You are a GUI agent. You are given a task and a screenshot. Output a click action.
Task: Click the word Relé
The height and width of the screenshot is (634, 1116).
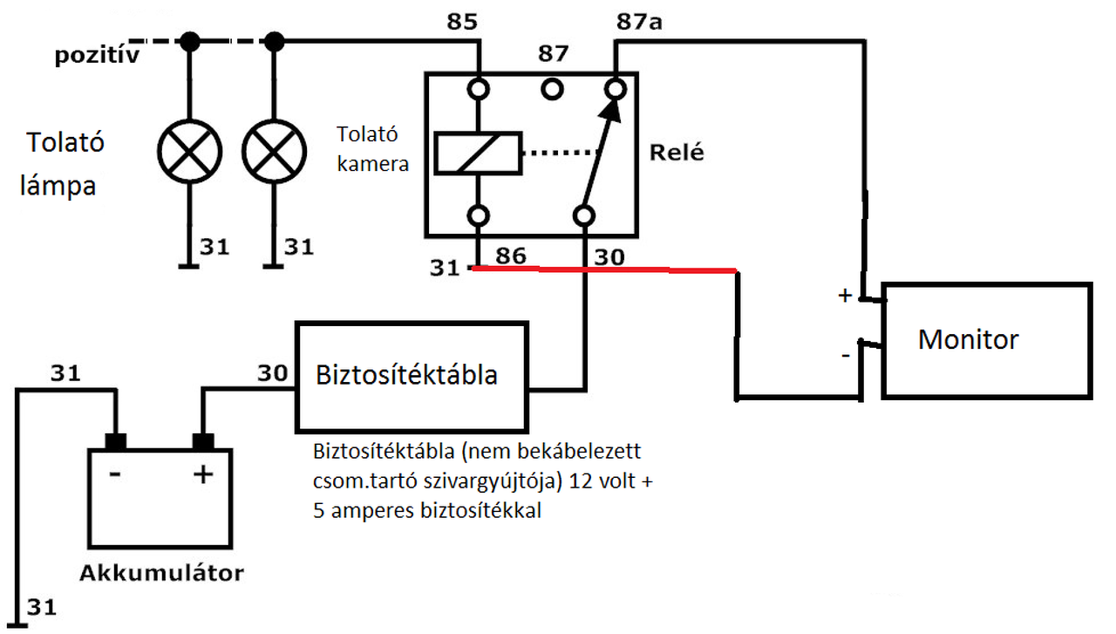(x=677, y=152)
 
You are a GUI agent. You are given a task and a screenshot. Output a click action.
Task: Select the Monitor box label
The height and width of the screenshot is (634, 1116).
(x=968, y=339)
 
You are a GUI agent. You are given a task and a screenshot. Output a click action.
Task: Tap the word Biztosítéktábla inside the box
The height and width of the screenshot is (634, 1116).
(x=406, y=375)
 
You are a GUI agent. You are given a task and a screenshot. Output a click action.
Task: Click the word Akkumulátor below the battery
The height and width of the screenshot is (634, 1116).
(x=161, y=573)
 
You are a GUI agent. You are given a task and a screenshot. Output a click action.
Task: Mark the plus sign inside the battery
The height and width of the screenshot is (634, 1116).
(x=203, y=474)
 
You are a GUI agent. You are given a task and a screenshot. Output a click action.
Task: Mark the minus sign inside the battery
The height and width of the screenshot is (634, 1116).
(x=114, y=474)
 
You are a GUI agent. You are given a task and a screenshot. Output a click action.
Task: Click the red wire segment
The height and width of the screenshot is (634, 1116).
(x=604, y=269)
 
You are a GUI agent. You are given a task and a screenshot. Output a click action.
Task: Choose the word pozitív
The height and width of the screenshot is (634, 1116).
(x=97, y=55)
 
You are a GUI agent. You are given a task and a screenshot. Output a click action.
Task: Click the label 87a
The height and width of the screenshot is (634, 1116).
(x=639, y=22)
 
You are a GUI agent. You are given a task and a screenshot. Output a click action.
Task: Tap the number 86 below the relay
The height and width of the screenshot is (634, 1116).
(x=511, y=256)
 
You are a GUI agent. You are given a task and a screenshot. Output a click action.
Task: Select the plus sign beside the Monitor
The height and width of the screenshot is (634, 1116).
(x=845, y=296)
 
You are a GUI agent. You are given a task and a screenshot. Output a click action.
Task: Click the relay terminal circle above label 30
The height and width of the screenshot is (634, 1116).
(x=583, y=215)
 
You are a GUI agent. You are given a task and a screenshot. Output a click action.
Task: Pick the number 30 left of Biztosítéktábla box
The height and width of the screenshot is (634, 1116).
(x=273, y=373)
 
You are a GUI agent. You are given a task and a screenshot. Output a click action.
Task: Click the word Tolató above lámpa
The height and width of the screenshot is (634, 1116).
(x=65, y=142)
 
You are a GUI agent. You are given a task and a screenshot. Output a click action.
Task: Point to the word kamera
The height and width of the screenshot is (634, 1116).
(x=372, y=164)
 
